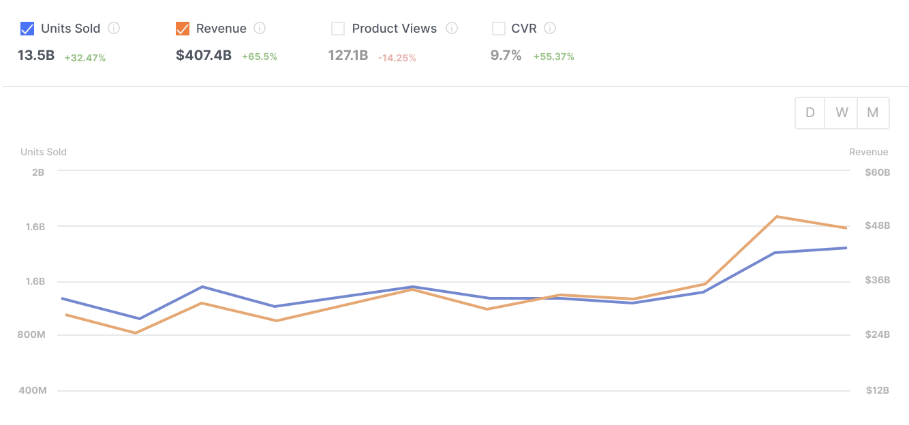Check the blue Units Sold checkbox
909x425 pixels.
coord(27,29)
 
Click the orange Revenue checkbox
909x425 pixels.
coord(183,29)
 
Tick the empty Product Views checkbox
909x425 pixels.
coord(338,29)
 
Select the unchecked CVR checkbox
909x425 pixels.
coord(498,29)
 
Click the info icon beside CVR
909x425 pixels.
coord(551,29)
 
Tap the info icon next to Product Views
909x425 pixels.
coord(452,29)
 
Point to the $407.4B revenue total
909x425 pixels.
coord(204,56)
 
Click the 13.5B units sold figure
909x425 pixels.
coord(36,56)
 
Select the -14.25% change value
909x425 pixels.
coord(397,58)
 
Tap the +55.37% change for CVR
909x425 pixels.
coord(554,57)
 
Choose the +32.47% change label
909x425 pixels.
coord(85,58)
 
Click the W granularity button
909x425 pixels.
coord(842,113)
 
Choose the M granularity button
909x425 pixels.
coord(873,113)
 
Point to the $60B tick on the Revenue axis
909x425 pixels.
coord(878,172)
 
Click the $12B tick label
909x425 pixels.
coord(878,391)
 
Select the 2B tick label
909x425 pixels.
coord(38,172)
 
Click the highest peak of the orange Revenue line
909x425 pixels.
coord(777,217)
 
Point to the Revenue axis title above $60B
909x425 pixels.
coord(868,152)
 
